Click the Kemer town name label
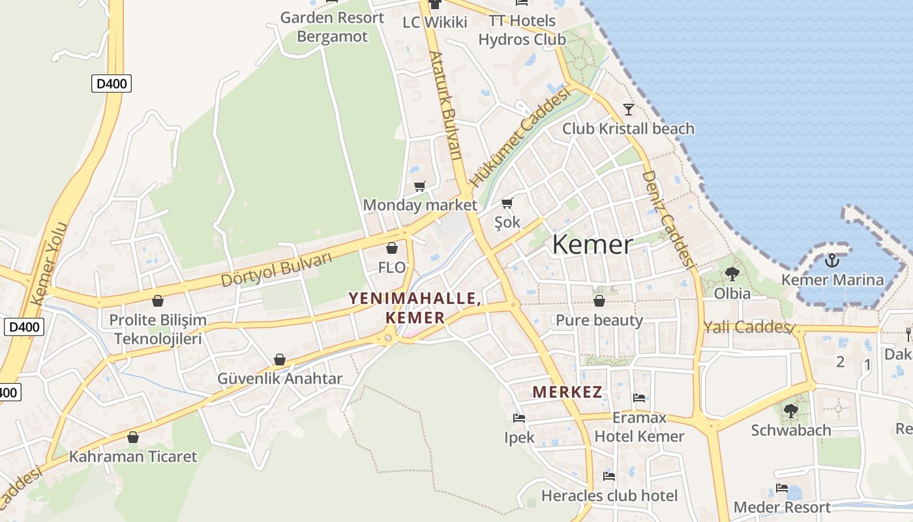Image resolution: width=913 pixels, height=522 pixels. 592,245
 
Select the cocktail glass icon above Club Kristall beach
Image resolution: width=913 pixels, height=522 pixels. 629,109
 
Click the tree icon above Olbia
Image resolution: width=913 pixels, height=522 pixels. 732,274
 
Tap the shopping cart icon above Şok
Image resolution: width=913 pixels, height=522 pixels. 507,203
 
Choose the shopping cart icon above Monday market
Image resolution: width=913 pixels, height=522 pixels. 420,186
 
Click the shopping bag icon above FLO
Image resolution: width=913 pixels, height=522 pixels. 392,248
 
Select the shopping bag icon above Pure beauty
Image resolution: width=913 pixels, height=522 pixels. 599,301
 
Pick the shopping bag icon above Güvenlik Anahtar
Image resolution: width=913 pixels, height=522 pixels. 280,360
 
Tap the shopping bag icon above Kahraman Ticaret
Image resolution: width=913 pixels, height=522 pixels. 133,437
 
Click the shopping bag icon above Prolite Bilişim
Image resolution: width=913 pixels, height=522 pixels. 157,301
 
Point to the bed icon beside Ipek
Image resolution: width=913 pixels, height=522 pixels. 519,418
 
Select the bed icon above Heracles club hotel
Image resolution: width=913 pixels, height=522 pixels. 609,476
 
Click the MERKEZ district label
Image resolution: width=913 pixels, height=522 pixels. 567,392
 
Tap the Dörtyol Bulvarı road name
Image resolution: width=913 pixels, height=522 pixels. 277,269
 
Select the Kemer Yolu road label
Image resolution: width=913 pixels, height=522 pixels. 50,263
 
